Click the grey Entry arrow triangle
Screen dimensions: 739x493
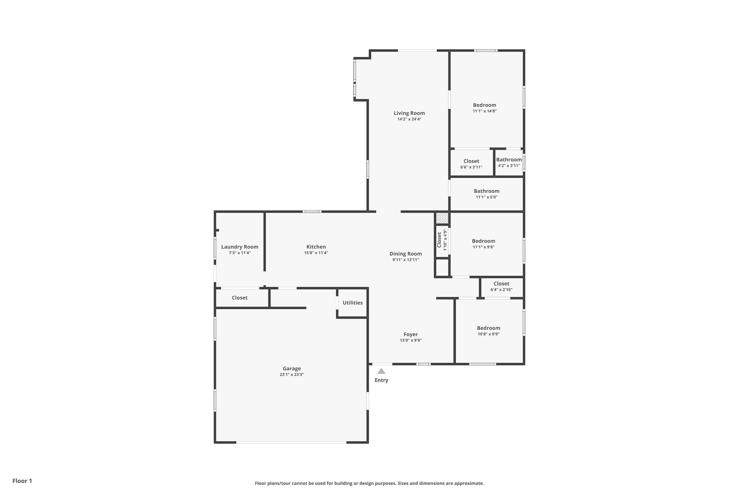point(381,371)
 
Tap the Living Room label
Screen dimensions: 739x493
point(409,113)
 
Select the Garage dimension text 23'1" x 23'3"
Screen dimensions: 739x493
point(292,374)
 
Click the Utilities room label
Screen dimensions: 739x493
point(353,302)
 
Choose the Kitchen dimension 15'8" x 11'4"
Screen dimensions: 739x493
point(316,253)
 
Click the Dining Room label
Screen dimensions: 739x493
point(406,254)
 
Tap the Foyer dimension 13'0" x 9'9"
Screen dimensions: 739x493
point(411,340)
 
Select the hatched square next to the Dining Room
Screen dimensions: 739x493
point(442,218)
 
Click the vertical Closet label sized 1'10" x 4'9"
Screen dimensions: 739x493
point(439,240)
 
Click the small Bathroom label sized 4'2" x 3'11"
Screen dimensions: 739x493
point(509,160)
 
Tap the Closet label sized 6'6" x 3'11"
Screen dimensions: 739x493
point(471,161)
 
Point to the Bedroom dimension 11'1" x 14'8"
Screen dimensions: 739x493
point(485,111)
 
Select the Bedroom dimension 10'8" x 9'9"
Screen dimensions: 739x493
point(488,334)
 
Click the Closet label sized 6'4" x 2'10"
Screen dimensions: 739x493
point(502,284)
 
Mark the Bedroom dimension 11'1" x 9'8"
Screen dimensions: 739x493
point(484,247)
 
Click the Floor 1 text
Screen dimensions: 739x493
point(22,481)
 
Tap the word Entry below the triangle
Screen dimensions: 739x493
point(381,380)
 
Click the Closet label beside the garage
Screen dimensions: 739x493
point(240,298)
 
